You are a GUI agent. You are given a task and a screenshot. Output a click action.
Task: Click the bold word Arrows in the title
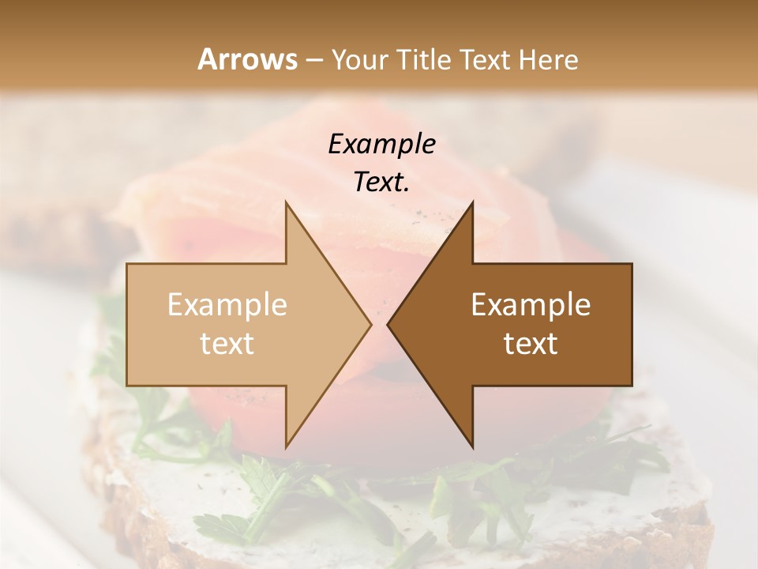pos(247,59)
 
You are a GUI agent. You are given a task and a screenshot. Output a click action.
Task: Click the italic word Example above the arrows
pos(381,144)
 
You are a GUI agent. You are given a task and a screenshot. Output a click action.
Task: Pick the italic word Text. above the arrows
pos(381,182)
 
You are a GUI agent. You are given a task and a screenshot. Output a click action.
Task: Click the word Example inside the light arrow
pos(227,305)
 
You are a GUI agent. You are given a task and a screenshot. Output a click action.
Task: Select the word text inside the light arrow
pos(227,344)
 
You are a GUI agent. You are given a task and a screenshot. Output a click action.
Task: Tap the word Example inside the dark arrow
pos(531,305)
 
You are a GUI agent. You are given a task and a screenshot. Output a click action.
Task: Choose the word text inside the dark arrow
pos(531,344)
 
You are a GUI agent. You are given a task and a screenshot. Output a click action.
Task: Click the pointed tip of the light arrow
pos(371,324)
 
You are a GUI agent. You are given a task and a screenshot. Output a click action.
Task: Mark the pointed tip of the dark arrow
pos(388,324)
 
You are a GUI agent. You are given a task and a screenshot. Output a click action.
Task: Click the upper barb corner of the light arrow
pos(286,202)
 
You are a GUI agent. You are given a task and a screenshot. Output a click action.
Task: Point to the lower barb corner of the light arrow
pos(286,447)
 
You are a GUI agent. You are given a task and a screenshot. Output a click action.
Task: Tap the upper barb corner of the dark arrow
pos(472,202)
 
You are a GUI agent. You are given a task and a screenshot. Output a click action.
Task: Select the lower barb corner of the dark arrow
pos(472,447)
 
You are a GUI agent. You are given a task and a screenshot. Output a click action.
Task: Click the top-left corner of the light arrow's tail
pos(127,264)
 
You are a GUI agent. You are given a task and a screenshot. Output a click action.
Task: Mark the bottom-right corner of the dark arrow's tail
pos(632,385)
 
